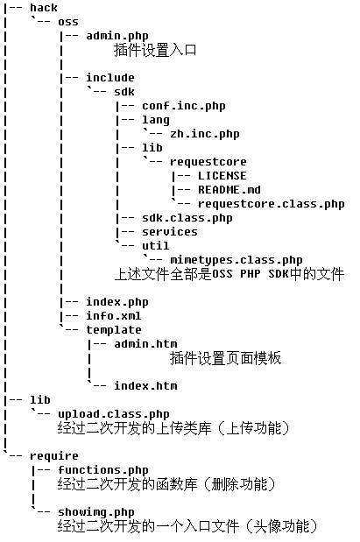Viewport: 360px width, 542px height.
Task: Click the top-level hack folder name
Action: (x=44, y=8)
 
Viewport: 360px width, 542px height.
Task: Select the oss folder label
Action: (x=68, y=22)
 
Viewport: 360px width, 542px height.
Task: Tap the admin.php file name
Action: (x=117, y=36)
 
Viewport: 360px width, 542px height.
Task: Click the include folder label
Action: (x=110, y=77)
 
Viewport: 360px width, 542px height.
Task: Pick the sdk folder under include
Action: (x=124, y=92)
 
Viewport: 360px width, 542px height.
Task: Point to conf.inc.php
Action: (x=184, y=106)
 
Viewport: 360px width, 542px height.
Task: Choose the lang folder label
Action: (x=156, y=120)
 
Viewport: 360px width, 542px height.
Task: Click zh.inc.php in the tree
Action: (x=205, y=134)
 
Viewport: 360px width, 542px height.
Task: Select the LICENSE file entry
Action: (x=222, y=176)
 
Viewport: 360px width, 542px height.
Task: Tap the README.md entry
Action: (x=229, y=189)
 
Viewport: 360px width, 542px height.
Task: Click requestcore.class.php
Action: (x=272, y=204)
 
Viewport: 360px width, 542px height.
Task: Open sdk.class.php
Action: (x=187, y=218)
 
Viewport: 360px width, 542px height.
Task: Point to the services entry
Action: (x=170, y=231)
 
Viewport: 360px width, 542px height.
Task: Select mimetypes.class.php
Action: (x=236, y=260)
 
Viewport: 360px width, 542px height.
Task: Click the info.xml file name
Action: (x=113, y=315)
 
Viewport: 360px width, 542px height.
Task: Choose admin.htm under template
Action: (x=145, y=343)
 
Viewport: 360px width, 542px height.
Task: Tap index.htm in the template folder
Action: (x=145, y=385)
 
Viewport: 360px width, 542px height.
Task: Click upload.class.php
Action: (x=113, y=414)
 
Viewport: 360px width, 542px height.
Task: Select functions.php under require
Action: (x=103, y=470)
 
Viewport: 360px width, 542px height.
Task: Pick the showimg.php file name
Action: (x=96, y=512)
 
